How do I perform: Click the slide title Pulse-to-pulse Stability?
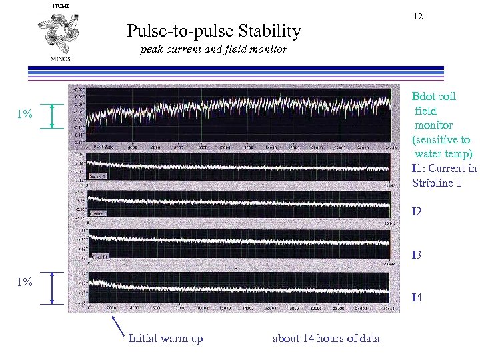(x=213, y=31)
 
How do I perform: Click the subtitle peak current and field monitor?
(x=213, y=49)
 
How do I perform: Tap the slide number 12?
(x=418, y=16)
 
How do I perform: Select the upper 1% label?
(x=25, y=115)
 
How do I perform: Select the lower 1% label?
(x=25, y=282)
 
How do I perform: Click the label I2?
(x=417, y=212)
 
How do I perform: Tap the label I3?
(x=417, y=255)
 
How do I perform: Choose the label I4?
(x=417, y=297)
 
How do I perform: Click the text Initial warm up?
(x=165, y=339)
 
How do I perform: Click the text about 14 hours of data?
(x=326, y=339)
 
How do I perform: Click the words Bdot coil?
(x=434, y=97)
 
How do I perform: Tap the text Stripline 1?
(x=437, y=183)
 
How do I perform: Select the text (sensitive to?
(x=441, y=140)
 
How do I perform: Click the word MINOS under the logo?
(x=60, y=58)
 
